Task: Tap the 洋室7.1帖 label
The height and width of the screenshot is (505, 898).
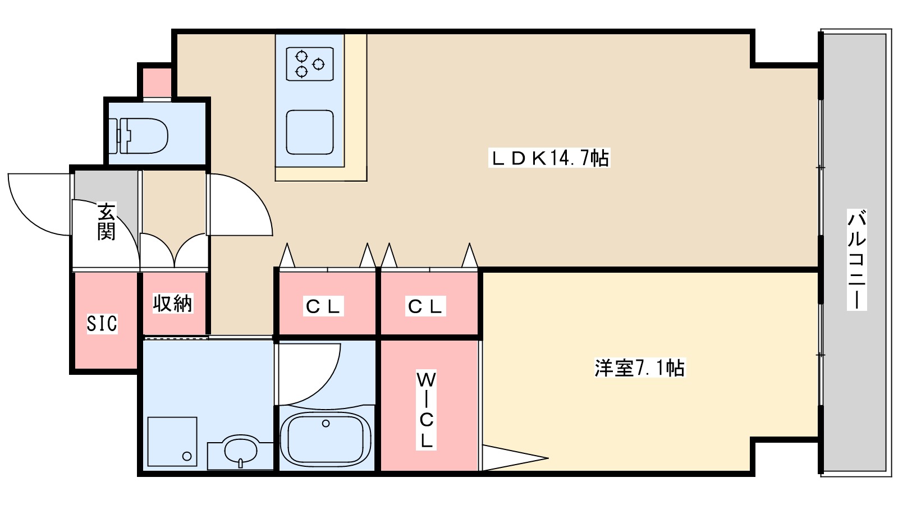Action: (639, 368)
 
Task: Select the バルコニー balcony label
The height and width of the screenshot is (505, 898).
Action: (856, 259)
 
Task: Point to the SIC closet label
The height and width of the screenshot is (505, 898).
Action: (102, 324)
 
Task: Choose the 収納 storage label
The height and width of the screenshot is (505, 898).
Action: (172, 304)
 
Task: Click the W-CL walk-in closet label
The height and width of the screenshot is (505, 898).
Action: (427, 410)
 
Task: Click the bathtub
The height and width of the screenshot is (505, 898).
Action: (326, 438)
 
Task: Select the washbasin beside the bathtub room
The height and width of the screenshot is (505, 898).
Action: (240, 451)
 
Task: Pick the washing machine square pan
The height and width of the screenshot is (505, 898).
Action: (172, 442)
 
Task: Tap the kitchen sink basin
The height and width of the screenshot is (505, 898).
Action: (310, 132)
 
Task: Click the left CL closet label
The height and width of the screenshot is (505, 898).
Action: (324, 306)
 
